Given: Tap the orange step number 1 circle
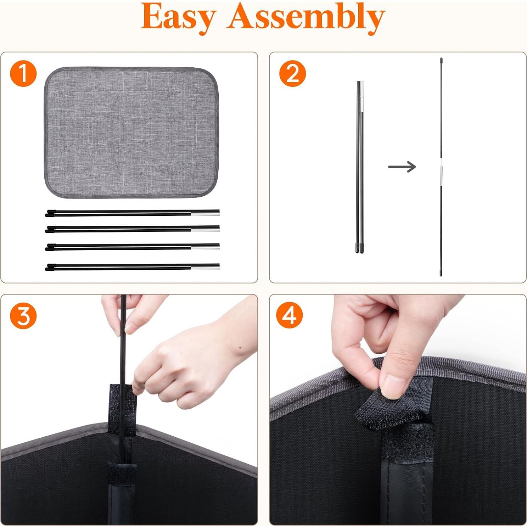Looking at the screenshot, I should click(23, 74).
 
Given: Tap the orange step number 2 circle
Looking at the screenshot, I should click(292, 74).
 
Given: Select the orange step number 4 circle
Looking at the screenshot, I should click(290, 315).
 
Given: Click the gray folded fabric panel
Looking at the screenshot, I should click(131, 132).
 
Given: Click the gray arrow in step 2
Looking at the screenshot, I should click(402, 167).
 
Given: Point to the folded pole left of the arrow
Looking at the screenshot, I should click(360, 167).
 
